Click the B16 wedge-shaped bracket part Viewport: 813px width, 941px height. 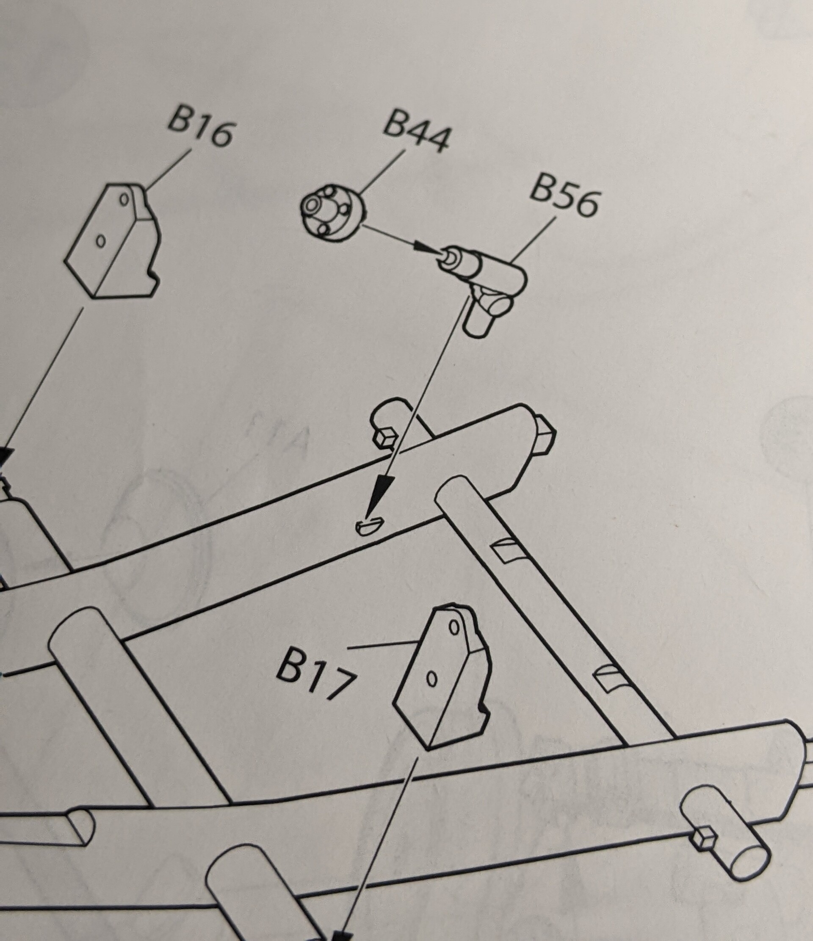tap(113, 241)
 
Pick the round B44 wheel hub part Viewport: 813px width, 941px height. tap(332, 212)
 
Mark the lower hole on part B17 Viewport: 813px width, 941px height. tap(432, 679)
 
